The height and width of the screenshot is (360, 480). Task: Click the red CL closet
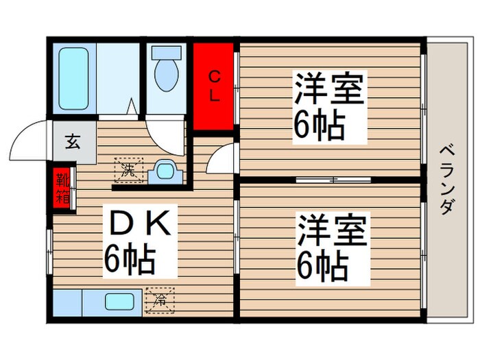(x=215, y=86)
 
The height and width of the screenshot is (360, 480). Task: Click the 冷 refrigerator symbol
(x=160, y=299)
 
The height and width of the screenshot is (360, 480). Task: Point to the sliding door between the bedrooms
(x=333, y=180)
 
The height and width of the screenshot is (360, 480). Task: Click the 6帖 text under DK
(x=130, y=259)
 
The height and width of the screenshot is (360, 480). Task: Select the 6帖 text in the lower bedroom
(x=321, y=266)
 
